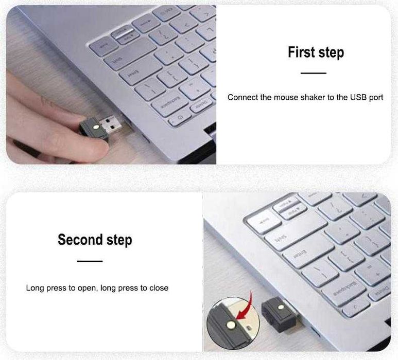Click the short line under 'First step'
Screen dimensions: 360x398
coord(314,73)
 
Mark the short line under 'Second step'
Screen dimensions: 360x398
coord(90,261)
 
